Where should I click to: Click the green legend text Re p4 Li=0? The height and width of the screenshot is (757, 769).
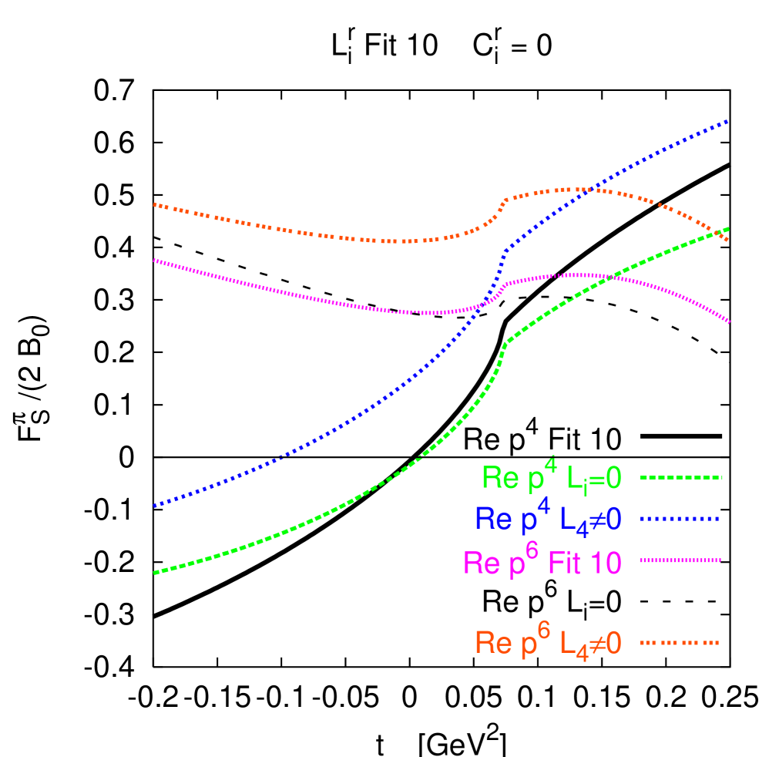[x=551, y=479]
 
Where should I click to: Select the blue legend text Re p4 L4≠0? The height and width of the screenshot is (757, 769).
[x=548, y=519]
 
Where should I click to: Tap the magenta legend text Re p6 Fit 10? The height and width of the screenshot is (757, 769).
[x=542, y=563]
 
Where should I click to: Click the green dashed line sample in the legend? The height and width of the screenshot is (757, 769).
[x=680, y=478]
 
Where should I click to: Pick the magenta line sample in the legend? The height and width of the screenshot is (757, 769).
[x=680, y=560]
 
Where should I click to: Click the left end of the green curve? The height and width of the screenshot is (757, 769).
[x=156, y=573]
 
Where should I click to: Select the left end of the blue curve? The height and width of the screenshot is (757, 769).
[x=156, y=506]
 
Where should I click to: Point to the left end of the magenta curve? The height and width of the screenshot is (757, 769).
[x=156, y=261]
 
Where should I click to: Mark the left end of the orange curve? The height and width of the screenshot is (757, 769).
[x=156, y=205]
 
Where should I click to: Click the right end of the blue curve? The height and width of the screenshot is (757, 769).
[x=727, y=122]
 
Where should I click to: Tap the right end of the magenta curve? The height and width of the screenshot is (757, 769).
[x=729, y=321]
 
